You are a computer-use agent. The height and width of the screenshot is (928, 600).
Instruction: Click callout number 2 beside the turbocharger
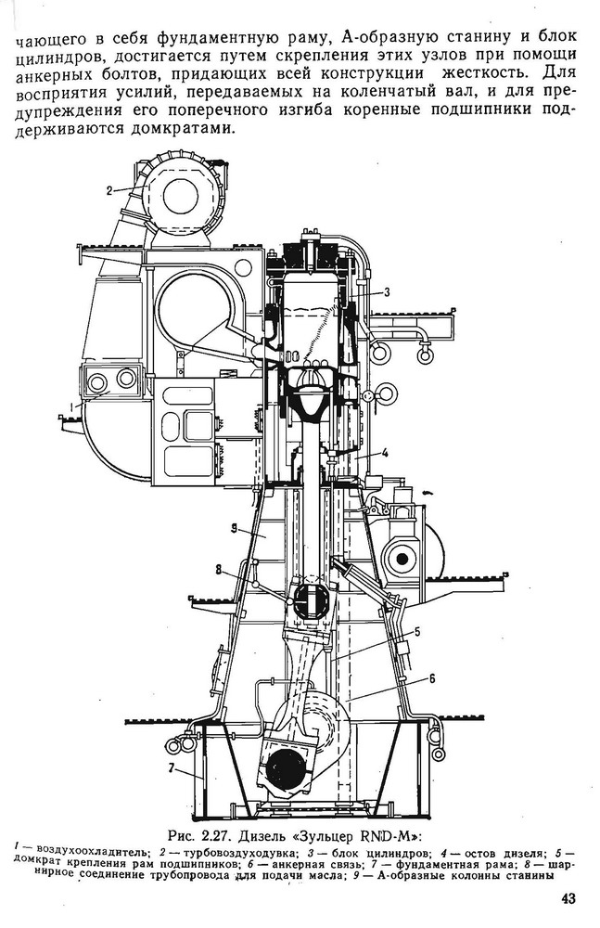[109, 190]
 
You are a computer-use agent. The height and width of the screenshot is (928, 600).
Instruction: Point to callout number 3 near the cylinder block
[387, 291]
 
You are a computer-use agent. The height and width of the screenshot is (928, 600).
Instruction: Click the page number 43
[568, 897]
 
